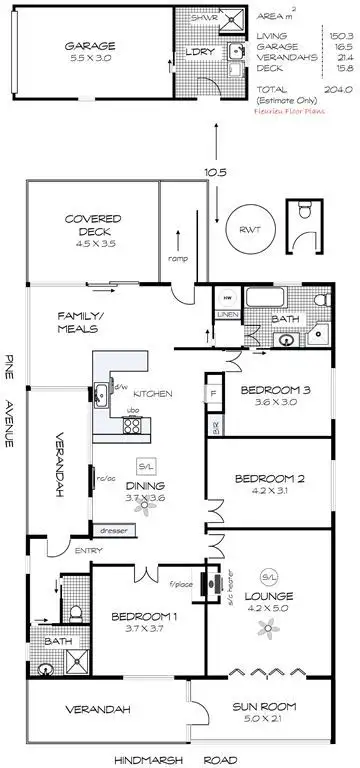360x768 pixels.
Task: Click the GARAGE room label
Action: (90, 46)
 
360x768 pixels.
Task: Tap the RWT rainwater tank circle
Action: (244, 227)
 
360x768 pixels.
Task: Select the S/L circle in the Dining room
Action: (147, 467)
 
